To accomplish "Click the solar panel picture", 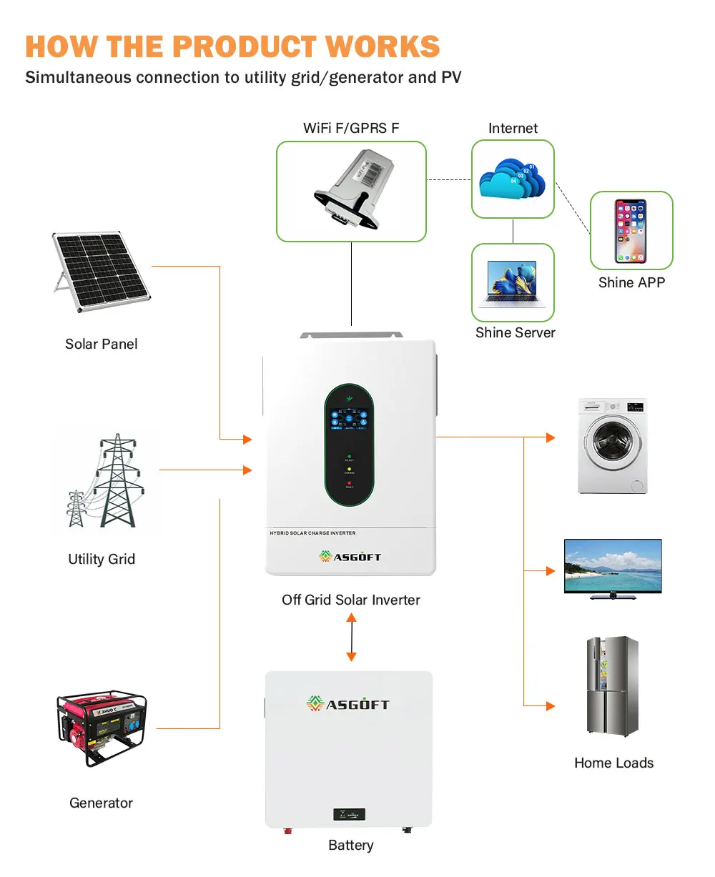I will pyautogui.click(x=100, y=272).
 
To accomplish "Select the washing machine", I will pyautogui.click(x=612, y=445).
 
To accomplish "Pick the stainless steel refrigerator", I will pyautogui.click(x=612, y=686).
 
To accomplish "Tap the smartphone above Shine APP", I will pyautogui.click(x=631, y=231).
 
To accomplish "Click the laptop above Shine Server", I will pyautogui.click(x=512, y=282).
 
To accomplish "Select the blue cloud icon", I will pyautogui.click(x=512, y=179).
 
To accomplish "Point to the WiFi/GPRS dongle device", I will pyautogui.click(x=351, y=191).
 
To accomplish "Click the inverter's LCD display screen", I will pyautogui.click(x=349, y=419).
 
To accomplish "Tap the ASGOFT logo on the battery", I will pyautogui.click(x=348, y=704).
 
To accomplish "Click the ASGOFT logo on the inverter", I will pyautogui.click(x=350, y=557).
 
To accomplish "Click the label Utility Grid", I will pyautogui.click(x=102, y=559).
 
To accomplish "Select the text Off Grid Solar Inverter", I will pyautogui.click(x=351, y=600).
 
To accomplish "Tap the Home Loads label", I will pyautogui.click(x=613, y=763).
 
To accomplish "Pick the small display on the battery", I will pyautogui.click(x=349, y=814).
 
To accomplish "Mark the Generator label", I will pyautogui.click(x=102, y=803).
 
